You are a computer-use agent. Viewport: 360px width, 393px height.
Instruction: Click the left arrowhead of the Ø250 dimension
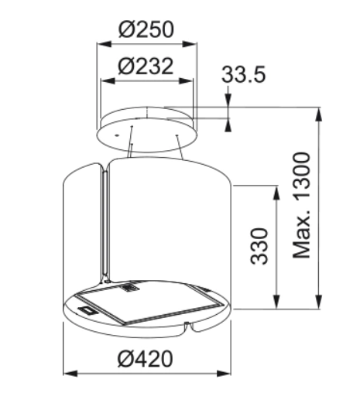click(99, 44)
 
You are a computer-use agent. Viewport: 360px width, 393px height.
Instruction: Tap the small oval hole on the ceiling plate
click(115, 134)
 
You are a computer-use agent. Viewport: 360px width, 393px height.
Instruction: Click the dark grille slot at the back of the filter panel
click(128, 289)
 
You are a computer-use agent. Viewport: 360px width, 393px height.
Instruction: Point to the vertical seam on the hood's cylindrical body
click(103, 224)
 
